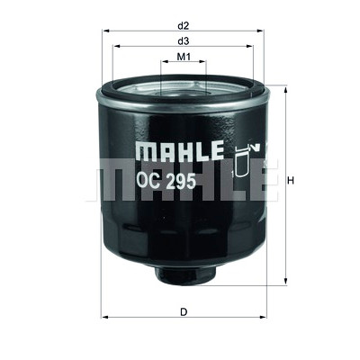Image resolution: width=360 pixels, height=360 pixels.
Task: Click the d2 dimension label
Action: coord(184,26)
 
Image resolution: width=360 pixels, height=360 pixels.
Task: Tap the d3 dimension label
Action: coord(184,41)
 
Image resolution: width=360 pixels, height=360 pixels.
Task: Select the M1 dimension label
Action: coord(184,57)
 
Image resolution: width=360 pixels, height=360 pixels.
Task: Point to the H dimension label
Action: coord(290,181)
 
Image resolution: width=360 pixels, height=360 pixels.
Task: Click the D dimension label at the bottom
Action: coord(184,312)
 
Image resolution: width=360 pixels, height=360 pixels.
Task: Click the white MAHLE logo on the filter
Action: coord(180,150)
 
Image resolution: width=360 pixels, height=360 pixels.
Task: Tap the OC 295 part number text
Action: coord(166,181)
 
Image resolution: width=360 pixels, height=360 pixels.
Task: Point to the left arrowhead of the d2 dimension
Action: coord(105,31)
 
